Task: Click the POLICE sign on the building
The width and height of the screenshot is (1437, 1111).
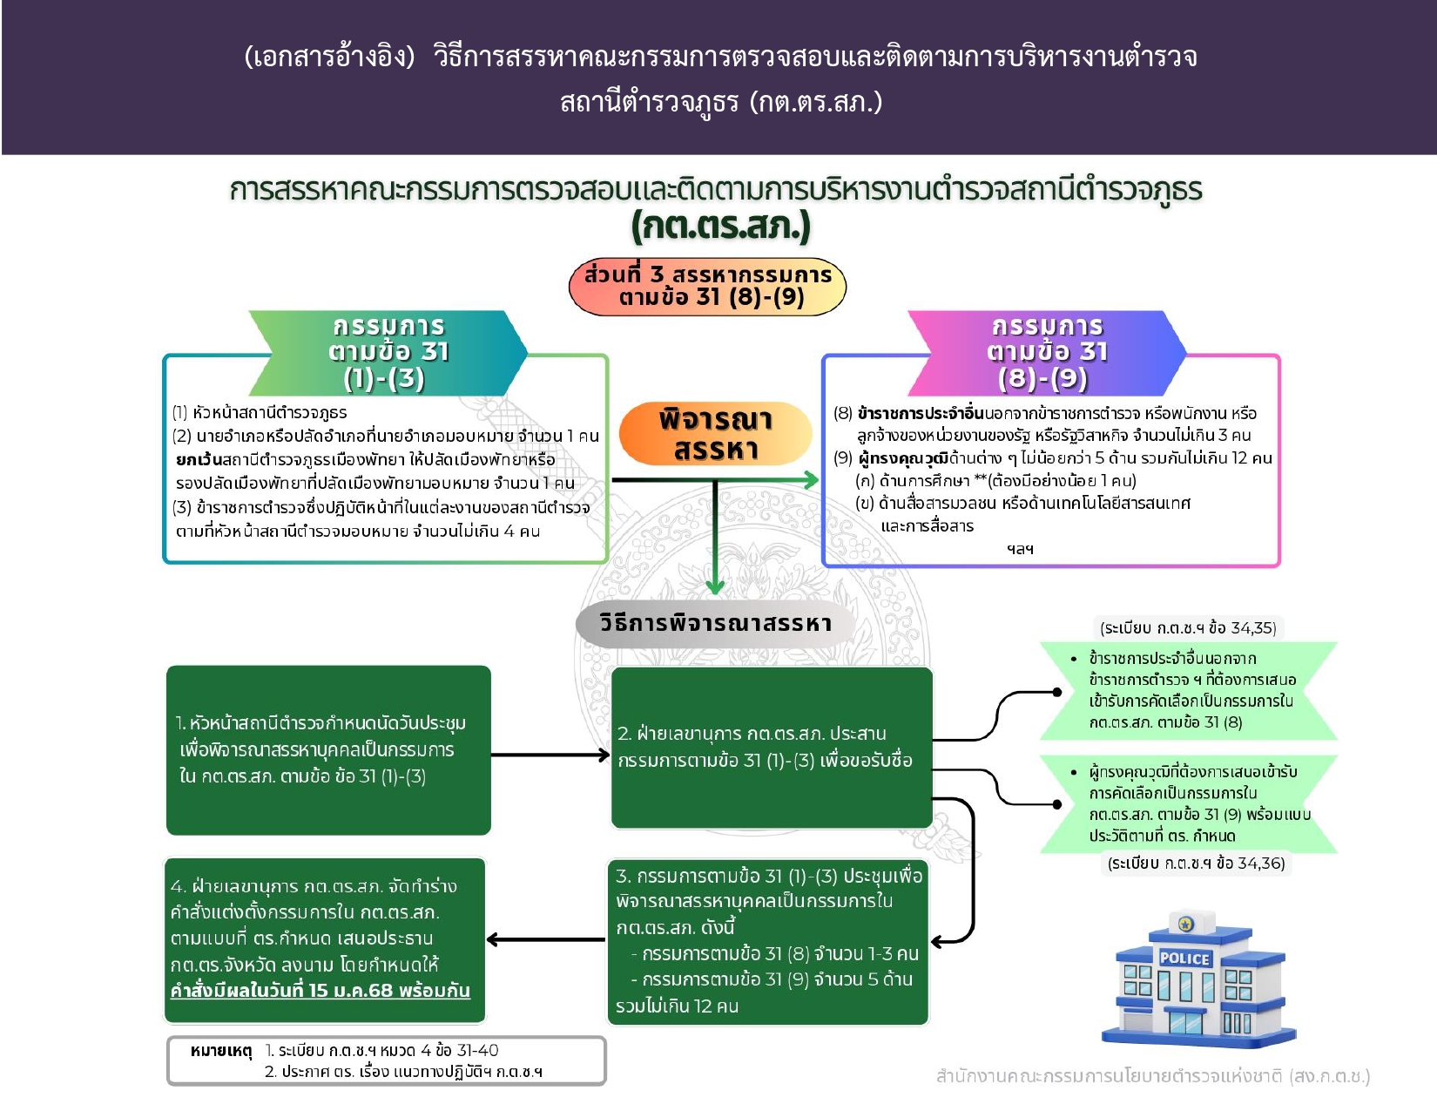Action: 1184,959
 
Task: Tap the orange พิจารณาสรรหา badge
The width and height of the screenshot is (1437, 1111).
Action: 715,434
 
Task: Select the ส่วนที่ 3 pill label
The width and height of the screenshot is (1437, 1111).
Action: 707,286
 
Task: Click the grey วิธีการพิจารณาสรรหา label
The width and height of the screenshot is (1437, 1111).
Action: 715,623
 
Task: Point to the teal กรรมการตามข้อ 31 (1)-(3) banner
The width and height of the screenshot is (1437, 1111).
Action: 388,352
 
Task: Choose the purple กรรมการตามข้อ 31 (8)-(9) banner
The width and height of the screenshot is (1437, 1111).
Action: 1047,352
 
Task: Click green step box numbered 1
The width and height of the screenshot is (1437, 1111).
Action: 328,749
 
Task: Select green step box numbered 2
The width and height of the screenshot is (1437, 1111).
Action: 772,747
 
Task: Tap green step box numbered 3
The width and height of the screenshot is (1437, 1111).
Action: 767,941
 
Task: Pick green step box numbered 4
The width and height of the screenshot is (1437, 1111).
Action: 324,939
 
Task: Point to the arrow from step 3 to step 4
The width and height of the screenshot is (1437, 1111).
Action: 545,939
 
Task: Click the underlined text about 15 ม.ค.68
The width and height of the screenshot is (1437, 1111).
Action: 320,991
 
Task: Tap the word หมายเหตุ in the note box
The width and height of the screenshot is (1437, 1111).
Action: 220,1051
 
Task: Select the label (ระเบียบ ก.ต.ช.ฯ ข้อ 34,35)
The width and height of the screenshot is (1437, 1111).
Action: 1188,628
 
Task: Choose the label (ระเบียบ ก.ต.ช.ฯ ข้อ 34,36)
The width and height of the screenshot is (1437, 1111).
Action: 1196,864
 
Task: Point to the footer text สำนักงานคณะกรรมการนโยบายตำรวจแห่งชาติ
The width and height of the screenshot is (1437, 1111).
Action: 1152,1076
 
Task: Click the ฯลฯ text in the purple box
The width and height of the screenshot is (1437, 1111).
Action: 1020,549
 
